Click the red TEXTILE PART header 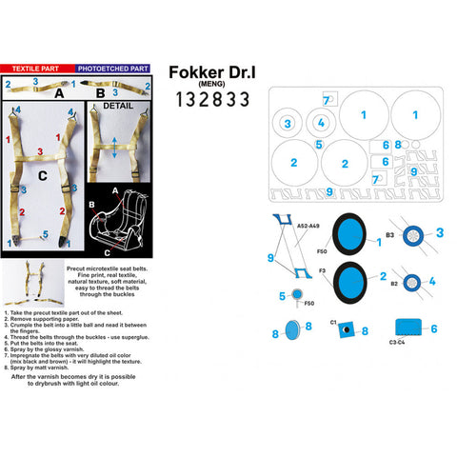click(x=37, y=70)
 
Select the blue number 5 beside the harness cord click(x=11, y=233)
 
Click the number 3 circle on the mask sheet click(x=288, y=124)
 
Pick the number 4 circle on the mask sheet click(x=321, y=123)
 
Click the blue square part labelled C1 click(x=343, y=330)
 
